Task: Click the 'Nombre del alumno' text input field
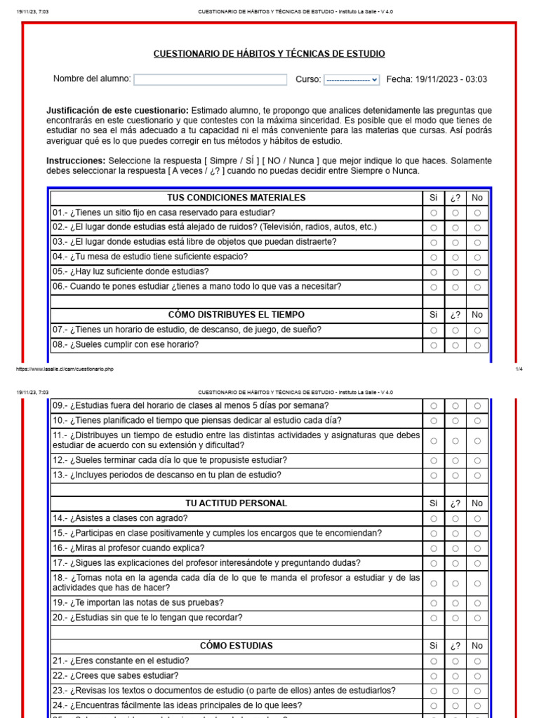211,80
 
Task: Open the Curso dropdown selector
352,80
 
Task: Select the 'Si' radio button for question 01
433,212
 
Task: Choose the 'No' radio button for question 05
477,272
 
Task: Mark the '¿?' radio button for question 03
455,243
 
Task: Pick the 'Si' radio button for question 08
433,345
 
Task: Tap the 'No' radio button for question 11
477,441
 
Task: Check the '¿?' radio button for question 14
455,519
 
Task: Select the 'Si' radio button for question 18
433,583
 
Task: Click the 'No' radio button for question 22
477,676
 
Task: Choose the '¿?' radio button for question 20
455,618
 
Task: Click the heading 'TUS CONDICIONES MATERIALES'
237,198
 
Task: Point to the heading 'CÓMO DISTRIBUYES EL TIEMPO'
237,315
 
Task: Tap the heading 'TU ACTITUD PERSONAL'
237,503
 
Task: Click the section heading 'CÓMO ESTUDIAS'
237,646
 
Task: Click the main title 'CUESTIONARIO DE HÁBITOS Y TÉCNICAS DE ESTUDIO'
269,54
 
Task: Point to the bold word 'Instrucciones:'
76,161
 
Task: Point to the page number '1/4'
519,368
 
